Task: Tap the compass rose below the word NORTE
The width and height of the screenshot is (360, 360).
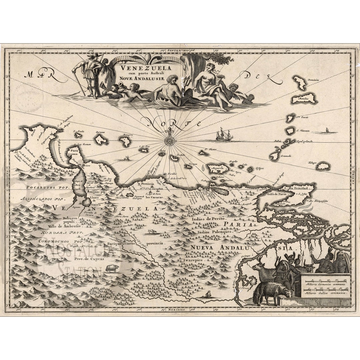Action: [x=170, y=141]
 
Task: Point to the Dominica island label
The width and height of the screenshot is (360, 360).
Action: [x=314, y=80]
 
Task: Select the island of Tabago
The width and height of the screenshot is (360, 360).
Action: [x=323, y=166]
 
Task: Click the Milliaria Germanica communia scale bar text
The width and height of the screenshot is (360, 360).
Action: [x=325, y=286]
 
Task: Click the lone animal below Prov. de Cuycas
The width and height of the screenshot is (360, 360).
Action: [x=112, y=268]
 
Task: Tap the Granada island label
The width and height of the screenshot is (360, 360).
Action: [x=286, y=156]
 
